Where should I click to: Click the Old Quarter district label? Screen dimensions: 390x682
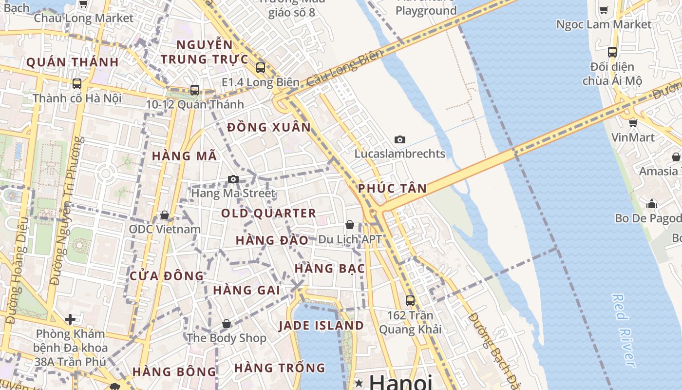(x=268, y=214)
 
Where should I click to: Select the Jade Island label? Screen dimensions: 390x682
(x=321, y=326)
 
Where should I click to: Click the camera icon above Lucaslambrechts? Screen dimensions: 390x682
(x=399, y=140)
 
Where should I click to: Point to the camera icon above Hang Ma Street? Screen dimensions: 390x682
(x=233, y=179)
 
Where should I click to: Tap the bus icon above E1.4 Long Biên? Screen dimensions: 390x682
(x=261, y=68)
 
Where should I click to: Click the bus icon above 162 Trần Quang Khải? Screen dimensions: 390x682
(x=410, y=300)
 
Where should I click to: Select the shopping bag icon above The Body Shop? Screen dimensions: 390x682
(x=226, y=324)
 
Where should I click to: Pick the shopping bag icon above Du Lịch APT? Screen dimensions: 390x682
(x=349, y=225)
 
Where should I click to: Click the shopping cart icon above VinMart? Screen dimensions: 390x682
(x=633, y=123)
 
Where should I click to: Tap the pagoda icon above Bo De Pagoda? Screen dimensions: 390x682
(x=651, y=203)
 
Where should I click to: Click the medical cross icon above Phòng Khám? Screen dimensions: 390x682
(x=70, y=319)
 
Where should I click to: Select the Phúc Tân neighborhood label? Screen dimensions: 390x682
(x=392, y=189)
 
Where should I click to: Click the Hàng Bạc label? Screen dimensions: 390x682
(x=329, y=269)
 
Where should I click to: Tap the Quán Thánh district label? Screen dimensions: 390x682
(x=73, y=62)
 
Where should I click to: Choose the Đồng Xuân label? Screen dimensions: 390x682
(x=268, y=128)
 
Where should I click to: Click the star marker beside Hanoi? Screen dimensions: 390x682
(x=360, y=383)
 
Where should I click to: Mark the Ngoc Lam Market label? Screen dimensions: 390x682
(x=604, y=24)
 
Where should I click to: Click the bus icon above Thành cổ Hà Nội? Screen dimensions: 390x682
(x=76, y=84)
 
